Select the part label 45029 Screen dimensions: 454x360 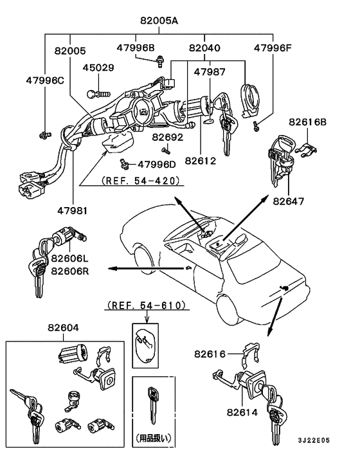click(x=97, y=67)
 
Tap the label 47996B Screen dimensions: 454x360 click(x=136, y=48)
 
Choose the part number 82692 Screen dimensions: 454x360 click(x=168, y=137)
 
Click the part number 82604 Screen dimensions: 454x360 click(x=63, y=328)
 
